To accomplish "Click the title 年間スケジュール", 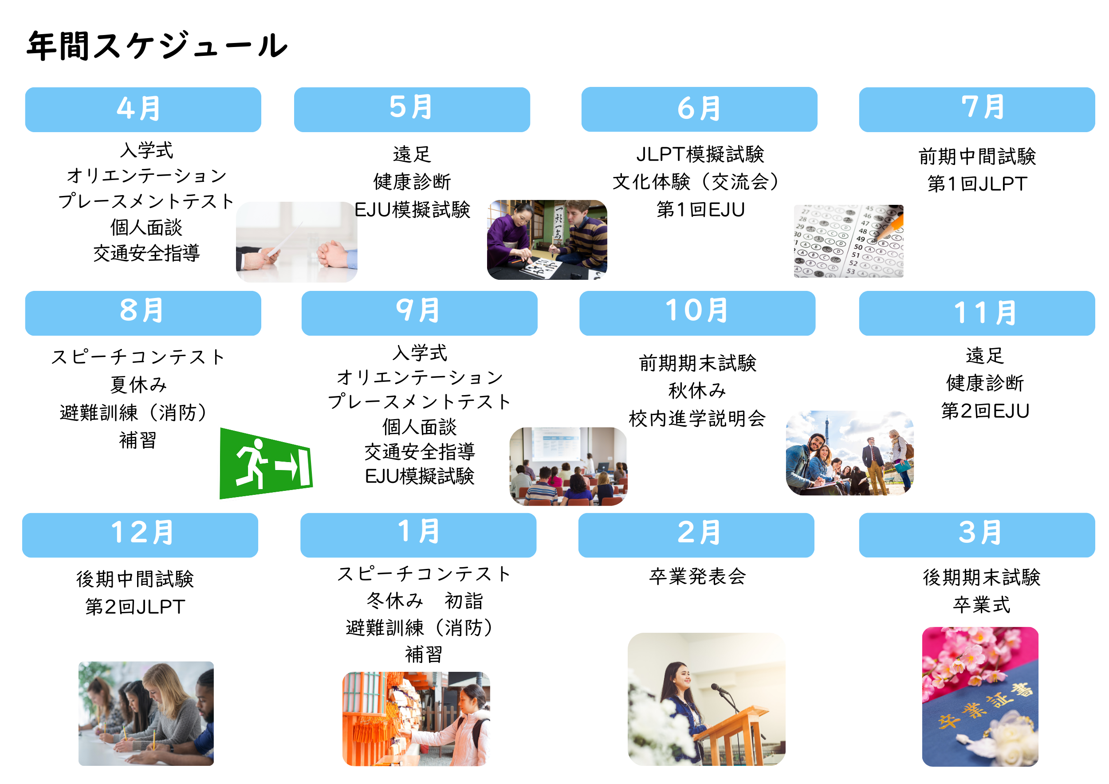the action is [x=157, y=46].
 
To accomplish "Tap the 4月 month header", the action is [x=143, y=110].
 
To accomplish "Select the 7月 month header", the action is [x=977, y=110].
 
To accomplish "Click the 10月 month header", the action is [x=697, y=313].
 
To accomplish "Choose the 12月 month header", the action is [x=140, y=535].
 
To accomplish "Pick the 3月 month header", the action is [x=977, y=535].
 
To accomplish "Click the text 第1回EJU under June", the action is [x=700, y=209].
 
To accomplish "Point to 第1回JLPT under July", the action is [x=977, y=184].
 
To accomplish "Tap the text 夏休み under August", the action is [x=138, y=385].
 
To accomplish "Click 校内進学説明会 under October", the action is [x=697, y=418].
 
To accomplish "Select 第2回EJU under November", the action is [x=985, y=411].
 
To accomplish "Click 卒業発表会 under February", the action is [x=697, y=576].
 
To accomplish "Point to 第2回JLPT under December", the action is [x=135, y=606].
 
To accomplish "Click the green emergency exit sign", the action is [x=266, y=463].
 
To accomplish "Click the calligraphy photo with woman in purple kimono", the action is [x=547, y=240].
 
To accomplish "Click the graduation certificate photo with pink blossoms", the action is [x=980, y=696].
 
